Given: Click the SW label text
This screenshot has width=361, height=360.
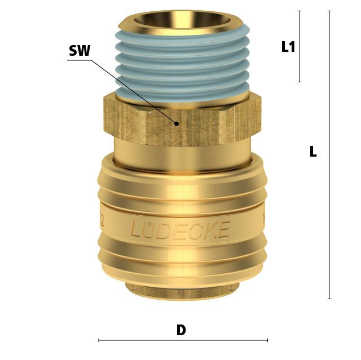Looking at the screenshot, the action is pyautogui.click(x=80, y=51).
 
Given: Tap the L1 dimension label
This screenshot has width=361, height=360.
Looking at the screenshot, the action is pyautogui.click(x=288, y=47).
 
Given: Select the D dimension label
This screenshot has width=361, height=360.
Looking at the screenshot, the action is pyautogui.click(x=181, y=330).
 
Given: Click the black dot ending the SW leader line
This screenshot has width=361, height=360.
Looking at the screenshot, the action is pyautogui.click(x=177, y=124).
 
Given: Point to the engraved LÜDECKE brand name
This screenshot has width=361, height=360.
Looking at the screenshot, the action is pyautogui.click(x=180, y=229).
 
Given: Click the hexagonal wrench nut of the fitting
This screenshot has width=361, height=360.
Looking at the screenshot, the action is pyautogui.click(x=182, y=121).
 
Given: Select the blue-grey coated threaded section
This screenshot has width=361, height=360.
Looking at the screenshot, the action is pyautogui.click(x=182, y=63).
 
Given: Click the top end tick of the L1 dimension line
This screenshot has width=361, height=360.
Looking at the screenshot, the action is pyautogui.click(x=300, y=11).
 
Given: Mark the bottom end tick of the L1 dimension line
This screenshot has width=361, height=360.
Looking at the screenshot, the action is pyautogui.click(x=300, y=82).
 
